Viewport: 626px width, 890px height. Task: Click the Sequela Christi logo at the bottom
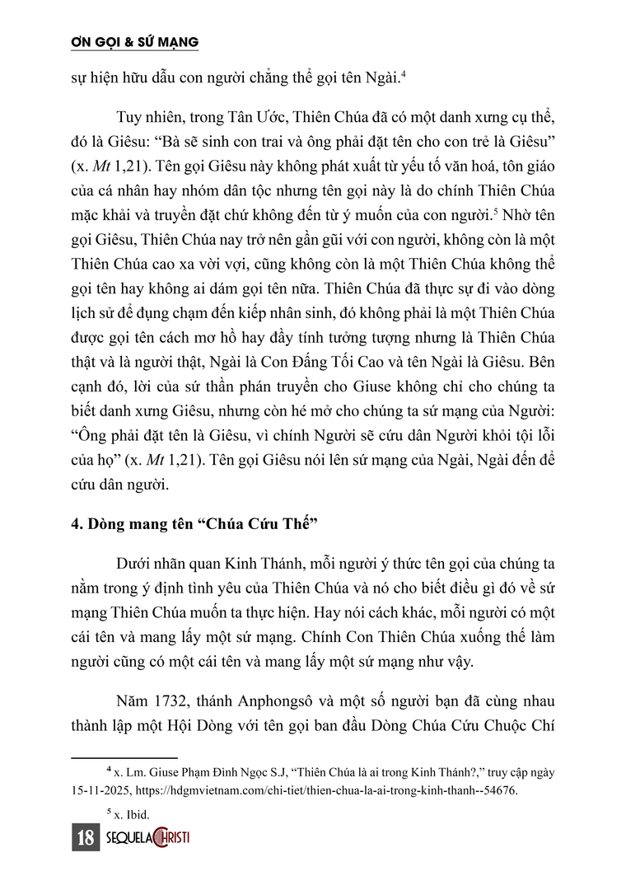(x=149, y=839)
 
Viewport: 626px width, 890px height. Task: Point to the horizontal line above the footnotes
(x=124, y=756)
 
